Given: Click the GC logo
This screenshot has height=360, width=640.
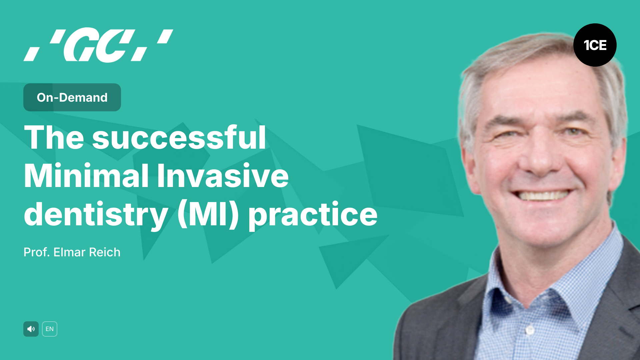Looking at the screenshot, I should [x=98, y=45].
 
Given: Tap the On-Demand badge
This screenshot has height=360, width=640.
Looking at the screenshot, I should [x=72, y=97].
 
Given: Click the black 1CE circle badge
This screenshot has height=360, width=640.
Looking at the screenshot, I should [x=595, y=45].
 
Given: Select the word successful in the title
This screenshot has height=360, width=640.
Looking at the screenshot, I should [x=179, y=137].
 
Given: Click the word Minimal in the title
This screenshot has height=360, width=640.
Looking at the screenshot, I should [x=86, y=176].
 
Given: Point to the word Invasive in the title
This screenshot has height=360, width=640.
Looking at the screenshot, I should [x=223, y=176].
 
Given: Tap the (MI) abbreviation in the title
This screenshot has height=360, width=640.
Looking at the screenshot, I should [x=208, y=214].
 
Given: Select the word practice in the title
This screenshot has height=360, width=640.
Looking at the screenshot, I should [x=313, y=214].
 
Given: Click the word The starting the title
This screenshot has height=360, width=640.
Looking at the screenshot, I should [x=54, y=137].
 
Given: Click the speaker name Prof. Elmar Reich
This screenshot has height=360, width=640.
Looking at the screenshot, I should [x=72, y=252].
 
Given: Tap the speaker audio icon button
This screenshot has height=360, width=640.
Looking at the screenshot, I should [x=31, y=329].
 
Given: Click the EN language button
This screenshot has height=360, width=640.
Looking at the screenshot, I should [x=50, y=329].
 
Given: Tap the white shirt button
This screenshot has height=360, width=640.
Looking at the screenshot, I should [x=530, y=330].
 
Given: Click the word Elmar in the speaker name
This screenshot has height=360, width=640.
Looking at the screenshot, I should [x=69, y=252].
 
